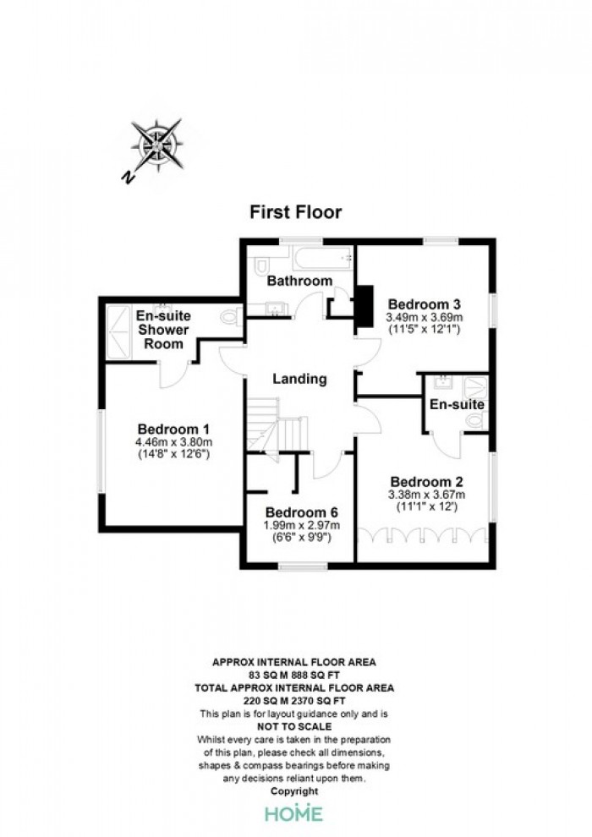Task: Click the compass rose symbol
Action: coord(157,145)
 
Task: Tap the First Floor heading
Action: coord(296,212)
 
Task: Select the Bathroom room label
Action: coord(299,280)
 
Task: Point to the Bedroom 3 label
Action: coord(425,304)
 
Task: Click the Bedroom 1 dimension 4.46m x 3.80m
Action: coord(174,442)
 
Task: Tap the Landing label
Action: coord(299,379)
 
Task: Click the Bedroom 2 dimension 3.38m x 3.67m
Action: coord(426,495)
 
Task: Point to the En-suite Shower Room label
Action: coord(163,330)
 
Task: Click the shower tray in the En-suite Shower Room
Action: coord(118,331)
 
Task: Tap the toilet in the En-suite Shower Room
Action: coord(233,317)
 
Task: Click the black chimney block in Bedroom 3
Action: coord(365,306)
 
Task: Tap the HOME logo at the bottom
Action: coord(294,813)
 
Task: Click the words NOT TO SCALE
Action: coord(294,726)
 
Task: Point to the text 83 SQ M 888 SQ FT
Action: coord(294,675)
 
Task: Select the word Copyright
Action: coord(294,791)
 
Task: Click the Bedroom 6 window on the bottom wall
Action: coord(304,566)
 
